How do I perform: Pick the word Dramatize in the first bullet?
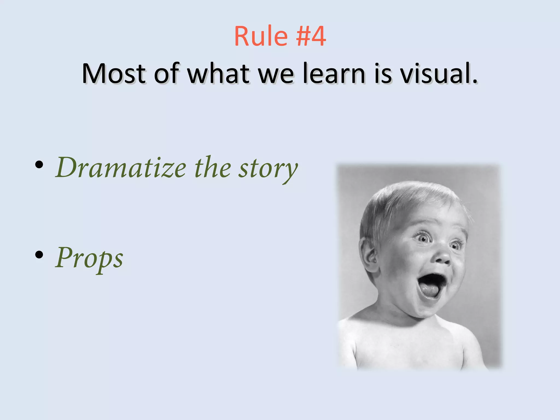tap(121, 167)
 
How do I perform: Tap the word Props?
tap(89, 258)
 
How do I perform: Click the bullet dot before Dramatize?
tap(39, 164)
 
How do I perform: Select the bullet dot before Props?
tap(39, 255)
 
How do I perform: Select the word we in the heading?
tap(276, 73)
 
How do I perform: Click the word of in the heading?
tap(167, 73)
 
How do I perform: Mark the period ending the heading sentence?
tap(475, 81)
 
